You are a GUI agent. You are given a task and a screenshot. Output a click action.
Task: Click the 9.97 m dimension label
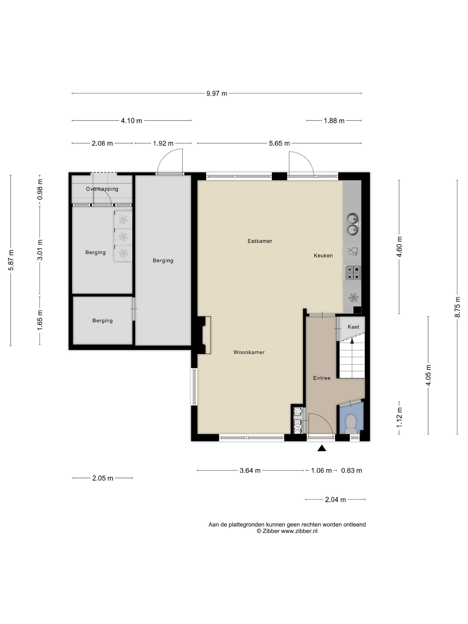217,93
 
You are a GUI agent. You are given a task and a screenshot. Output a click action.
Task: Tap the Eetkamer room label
260,241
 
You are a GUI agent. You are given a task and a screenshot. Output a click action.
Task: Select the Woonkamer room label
249,352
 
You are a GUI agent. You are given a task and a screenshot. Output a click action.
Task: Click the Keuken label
323,256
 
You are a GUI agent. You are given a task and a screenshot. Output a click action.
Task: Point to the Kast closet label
353,327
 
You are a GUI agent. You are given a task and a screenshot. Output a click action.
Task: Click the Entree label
322,378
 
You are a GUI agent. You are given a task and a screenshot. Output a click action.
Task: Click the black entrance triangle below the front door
322,448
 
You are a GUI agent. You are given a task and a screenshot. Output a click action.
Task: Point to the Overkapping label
102,189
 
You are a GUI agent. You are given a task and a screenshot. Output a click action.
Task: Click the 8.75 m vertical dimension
457,307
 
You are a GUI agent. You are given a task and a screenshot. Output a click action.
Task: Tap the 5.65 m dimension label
279,143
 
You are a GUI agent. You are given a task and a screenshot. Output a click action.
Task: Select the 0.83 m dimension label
351,470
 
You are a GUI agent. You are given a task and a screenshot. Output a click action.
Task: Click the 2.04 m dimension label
335,500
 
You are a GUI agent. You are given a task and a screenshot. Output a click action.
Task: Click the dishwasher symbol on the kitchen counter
353,251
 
